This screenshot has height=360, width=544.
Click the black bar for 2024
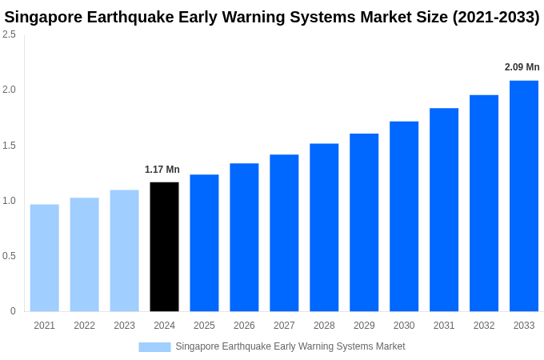(x=164, y=246)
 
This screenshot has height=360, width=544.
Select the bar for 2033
(x=524, y=196)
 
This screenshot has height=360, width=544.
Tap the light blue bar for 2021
(x=44, y=258)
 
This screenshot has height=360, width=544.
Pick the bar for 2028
(x=324, y=227)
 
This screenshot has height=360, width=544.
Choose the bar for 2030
(x=404, y=216)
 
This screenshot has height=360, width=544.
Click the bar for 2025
(x=204, y=242)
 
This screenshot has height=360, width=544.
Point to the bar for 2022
(x=84, y=254)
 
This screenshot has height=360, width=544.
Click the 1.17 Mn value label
(x=162, y=170)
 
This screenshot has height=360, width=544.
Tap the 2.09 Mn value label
(x=522, y=67)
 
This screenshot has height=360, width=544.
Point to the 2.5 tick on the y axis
(x=9, y=34)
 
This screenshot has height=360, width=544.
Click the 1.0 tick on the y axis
(x=9, y=201)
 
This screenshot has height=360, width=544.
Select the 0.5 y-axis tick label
(x=9, y=256)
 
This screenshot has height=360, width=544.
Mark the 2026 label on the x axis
(x=244, y=326)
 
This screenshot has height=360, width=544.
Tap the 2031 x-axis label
(x=444, y=326)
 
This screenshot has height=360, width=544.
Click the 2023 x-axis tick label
(x=124, y=326)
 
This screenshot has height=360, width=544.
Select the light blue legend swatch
(x=154, y=347)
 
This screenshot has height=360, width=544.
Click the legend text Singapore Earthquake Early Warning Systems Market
(x=290, y=346)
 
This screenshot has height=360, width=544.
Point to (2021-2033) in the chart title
(x=496, y=17)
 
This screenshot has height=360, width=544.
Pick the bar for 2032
(x=484, y=203)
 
